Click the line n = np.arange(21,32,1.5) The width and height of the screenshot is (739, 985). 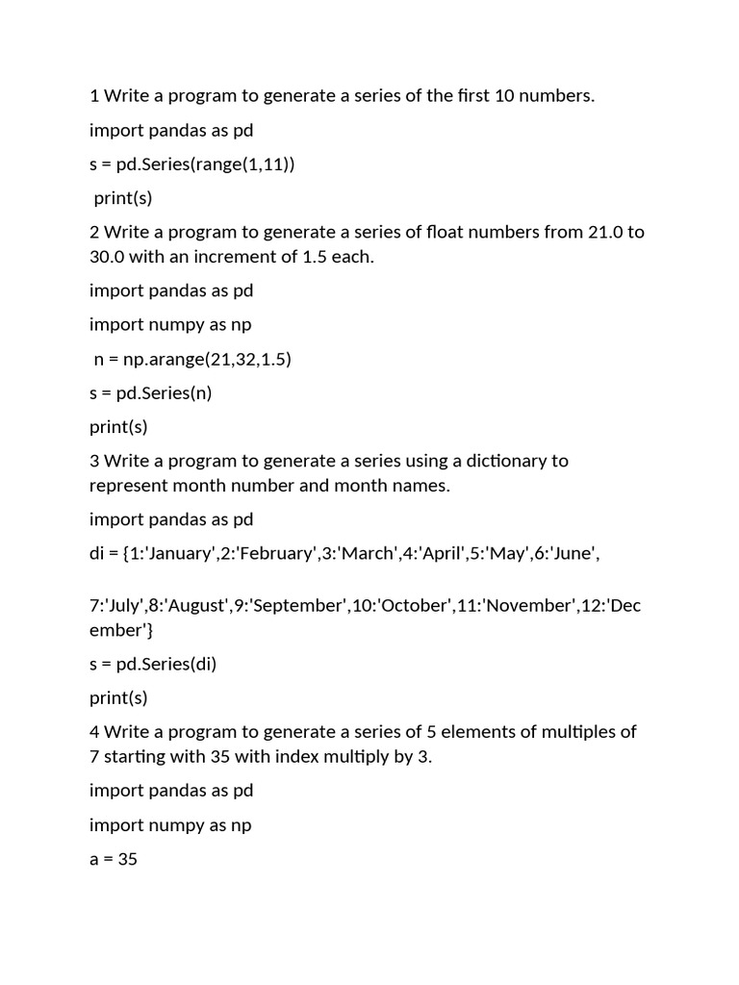click(192, 359)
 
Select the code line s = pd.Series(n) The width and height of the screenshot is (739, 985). click(148, 392)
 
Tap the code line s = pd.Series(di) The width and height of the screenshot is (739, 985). click(152, 664)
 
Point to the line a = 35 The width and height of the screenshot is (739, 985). click(114, 859)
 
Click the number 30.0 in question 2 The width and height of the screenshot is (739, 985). click(109, 257)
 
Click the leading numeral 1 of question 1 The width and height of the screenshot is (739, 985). click(94, 95)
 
